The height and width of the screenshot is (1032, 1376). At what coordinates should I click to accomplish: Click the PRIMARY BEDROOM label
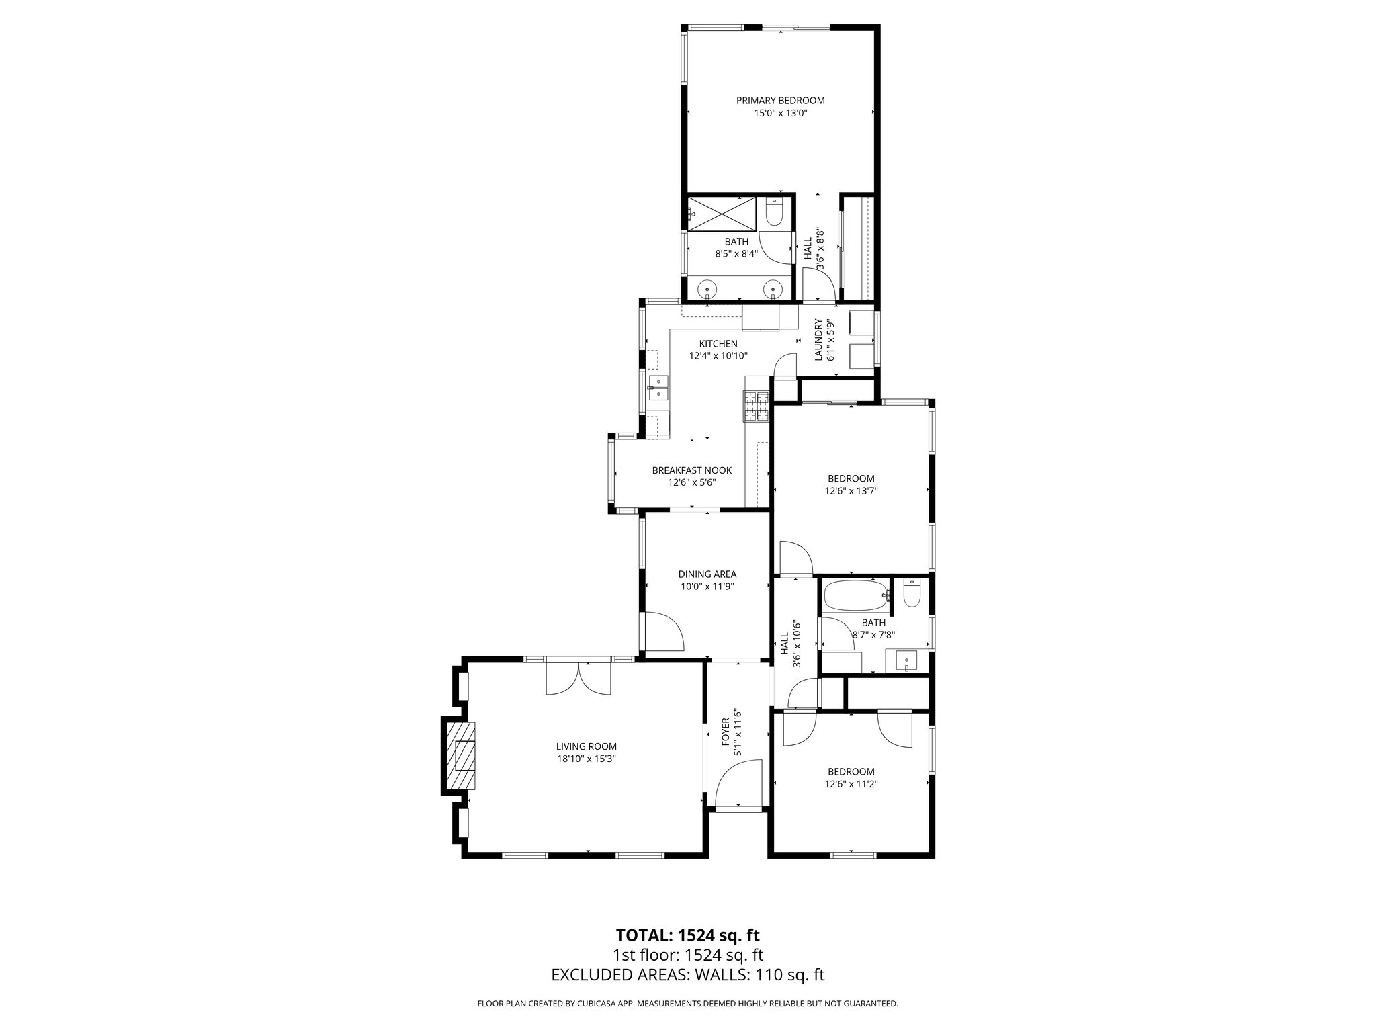click(780, 101)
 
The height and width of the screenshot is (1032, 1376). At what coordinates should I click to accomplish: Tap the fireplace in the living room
click(460, 755)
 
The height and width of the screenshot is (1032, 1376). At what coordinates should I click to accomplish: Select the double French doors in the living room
click(578, 679)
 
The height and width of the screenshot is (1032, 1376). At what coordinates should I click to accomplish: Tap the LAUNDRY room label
click(818, 340)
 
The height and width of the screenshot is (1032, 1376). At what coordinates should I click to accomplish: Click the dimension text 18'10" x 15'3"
click(586, 759)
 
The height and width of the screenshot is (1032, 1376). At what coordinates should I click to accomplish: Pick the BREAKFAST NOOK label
click(691, 470)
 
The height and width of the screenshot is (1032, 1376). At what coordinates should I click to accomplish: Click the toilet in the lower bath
click(912, 593)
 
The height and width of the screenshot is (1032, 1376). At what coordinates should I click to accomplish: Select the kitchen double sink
click(189, 388)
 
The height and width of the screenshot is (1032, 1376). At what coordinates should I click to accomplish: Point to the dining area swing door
click(664, 632)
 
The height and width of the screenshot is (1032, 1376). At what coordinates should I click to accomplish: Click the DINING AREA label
click(707, 574)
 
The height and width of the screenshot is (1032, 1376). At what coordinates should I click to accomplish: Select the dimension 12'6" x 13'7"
click(851, 491)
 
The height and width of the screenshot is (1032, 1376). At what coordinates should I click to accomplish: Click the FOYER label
click(725, 731)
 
